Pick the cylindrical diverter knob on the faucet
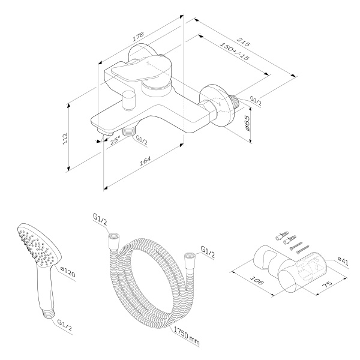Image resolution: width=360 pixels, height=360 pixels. click(128, 100)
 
